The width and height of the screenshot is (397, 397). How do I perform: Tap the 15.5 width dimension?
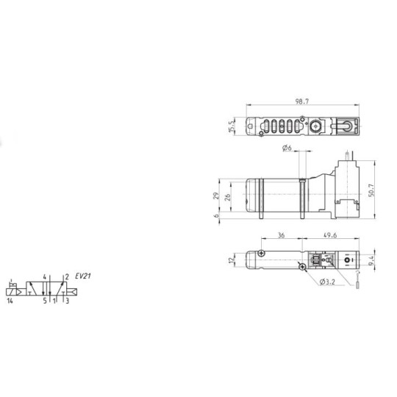click(x=231, y=128)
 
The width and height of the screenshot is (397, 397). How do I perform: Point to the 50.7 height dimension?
click(x=372, y=190)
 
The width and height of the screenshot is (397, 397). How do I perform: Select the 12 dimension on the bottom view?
click(x=229, y=260)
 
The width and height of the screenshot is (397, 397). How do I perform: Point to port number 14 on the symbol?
click(x=10, y=300)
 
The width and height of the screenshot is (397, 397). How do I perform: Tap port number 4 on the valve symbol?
click(x=45, y=277)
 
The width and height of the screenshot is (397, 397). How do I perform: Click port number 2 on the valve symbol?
click(x=66, y=277)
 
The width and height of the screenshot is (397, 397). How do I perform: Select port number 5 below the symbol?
click(x=43, y=300)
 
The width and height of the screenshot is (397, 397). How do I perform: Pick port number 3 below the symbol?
click(x=67, y=300)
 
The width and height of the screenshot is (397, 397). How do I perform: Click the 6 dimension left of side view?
click(x=215, y=216)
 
